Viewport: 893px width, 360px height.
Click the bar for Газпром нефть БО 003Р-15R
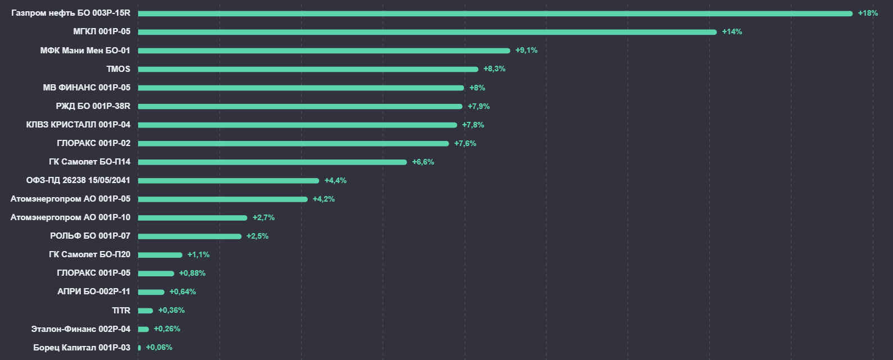pos(494,13)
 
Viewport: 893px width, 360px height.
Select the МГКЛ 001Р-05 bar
pos(427,32)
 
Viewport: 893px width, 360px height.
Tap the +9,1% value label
pos(526,51)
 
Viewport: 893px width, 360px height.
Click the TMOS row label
pos(118,69)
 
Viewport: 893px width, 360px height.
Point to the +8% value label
pos(477,88)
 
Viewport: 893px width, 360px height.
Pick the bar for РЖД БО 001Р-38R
pos(300,106)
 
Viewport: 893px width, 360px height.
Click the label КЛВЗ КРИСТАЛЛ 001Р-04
pos(78,125)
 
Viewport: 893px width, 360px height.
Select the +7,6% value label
pos(465,143)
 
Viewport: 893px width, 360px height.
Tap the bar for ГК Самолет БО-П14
pos(272,162)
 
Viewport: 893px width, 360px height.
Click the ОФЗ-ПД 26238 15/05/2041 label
pos(78,180)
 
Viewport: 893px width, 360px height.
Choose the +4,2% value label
pos(324,199)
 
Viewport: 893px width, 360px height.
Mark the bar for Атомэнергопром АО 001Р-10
pos(193,218)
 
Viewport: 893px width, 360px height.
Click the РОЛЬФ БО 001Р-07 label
pos(90,236)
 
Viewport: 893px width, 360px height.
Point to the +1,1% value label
pos(198,254)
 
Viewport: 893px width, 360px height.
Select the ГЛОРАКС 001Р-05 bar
pos(156,274)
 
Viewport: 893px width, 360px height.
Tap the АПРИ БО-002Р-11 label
pos(94,291)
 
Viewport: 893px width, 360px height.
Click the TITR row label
pos(121,311)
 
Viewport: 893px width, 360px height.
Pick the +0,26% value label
pos(167,329)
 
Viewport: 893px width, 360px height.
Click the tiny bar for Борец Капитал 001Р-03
pos(139,348)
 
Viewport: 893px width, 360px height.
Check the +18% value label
pos(868,13)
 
